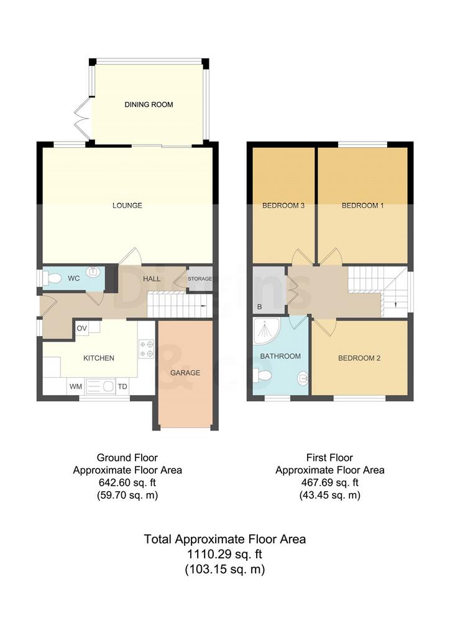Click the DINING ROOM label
(149, 104)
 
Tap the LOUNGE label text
(127, 206)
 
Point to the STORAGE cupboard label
(200, 279)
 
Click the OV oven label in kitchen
(82, 328)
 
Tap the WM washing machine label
(75, 386)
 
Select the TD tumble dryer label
(122, 386)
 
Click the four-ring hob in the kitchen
(146, 349)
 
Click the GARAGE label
(185, 373)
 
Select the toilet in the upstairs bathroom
(262, 376)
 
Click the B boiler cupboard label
(259, 307)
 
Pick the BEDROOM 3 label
(283, 206)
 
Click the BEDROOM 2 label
(359, 358)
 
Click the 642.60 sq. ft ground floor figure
(127, 483)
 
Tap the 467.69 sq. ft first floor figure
(329, 483)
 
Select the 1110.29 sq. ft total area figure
(224, 554)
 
